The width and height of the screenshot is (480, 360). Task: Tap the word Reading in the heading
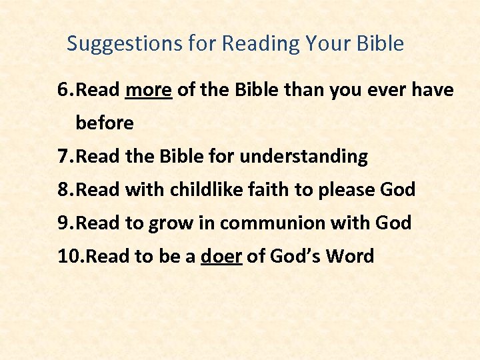pyautogui.click(x=260, y=44)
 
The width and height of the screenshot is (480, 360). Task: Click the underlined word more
pyautogui.click(x=149, y=90)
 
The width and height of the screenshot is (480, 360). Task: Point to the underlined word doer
pyautogui.click(x=221, y=256)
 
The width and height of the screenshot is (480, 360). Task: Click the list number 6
pyautogui.click(x=63, y=90)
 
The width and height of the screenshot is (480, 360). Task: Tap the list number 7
pyautogui.click(x=63, y=157)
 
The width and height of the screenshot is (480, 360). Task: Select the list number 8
pyautogui.click(x=63, y=190)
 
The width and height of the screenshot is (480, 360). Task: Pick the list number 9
pyautogui.click(x=63, y=223)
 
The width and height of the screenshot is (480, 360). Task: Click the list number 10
pyautogui.click(x=68, y=256)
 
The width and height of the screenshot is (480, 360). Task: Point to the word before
pyautogui.click(x=105, y=123)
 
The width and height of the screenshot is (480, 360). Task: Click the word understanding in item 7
pyautogui.click(x=303, y=157)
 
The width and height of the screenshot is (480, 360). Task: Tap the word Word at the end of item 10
pyautogui.click(x=349, y=256)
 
